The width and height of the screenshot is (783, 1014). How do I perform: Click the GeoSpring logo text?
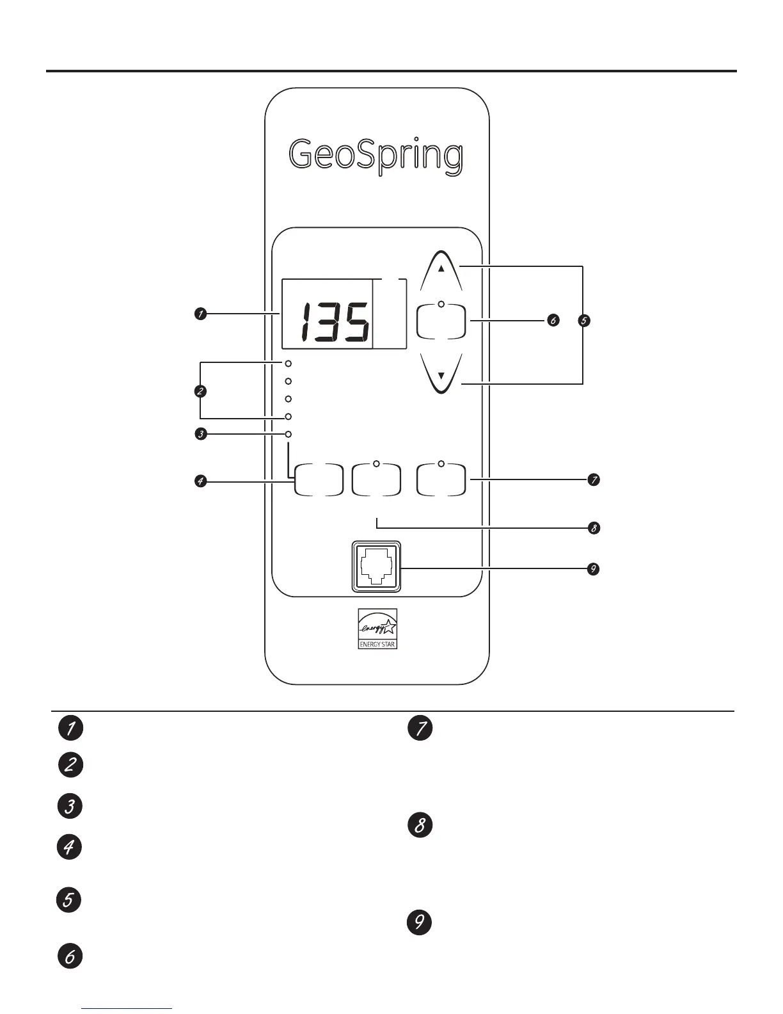coord(376,156)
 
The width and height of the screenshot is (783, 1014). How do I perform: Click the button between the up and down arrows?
coord(441,320)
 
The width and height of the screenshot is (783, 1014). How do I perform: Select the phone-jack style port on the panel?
coord(376,567)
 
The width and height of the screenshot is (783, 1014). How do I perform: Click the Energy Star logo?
coord(377,628)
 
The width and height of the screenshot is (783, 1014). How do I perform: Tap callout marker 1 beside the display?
coord(201,314)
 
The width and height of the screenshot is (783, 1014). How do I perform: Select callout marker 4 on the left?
coord(201,481)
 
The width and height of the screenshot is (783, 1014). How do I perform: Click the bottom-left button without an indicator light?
coord(318,480)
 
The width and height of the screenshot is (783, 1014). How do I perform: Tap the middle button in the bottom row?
coord(376,480)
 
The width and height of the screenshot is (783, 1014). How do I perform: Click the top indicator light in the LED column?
coord(289,364)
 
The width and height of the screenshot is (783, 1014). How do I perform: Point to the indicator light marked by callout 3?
coord(289,435)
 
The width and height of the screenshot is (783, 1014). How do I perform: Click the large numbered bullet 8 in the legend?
coord(420,825)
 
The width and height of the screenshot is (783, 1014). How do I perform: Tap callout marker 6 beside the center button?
coord(553,321)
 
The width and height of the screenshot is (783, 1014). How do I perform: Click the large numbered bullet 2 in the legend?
coord(70,766)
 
